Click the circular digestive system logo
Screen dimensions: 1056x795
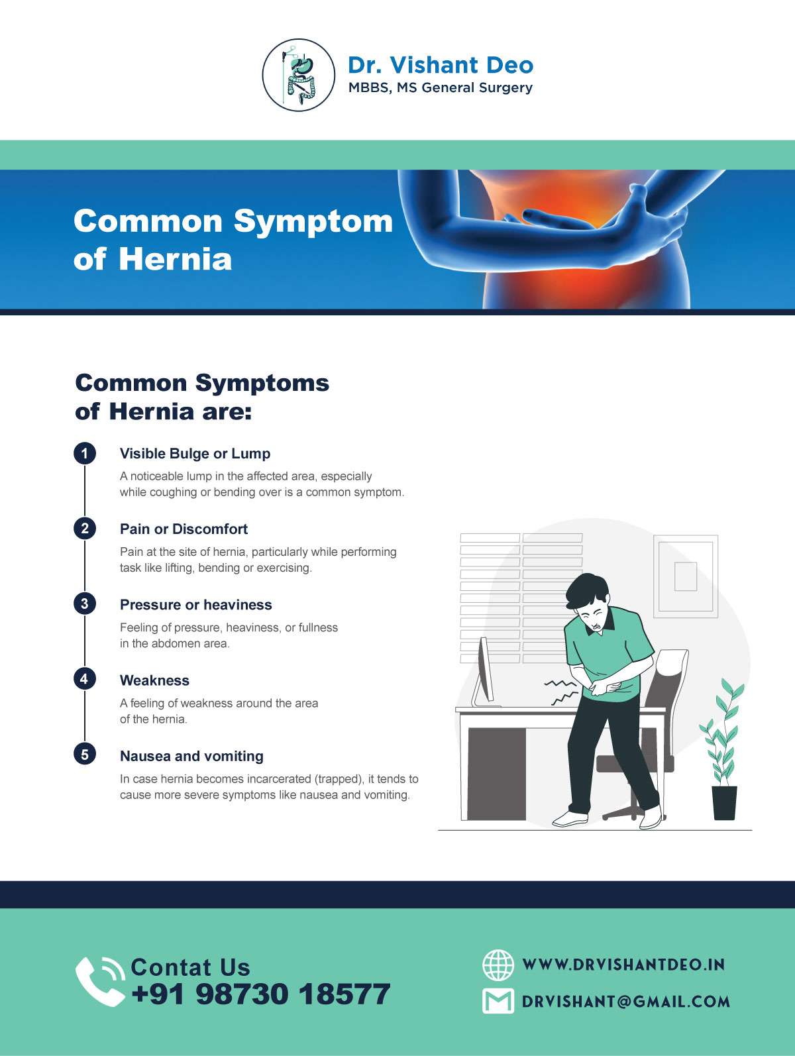[299, 75]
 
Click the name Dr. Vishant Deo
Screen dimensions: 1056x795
[440, 65]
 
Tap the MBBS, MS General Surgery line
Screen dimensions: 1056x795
[440, 87]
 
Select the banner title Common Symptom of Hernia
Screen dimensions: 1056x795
[233, 239]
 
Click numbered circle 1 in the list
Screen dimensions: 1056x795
[85, 454]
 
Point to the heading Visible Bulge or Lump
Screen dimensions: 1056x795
[195, 454]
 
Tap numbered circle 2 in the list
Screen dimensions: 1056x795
[85, 529]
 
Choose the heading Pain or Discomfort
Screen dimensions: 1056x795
[184, 529]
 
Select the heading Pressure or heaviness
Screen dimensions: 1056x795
[195, 605]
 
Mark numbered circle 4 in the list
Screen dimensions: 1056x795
[85, 679]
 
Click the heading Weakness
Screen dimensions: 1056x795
[154, 680]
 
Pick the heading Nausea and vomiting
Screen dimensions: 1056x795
[191, 756]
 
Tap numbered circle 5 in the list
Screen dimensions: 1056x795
[85, 755]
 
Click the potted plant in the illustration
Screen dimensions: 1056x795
[723, 755]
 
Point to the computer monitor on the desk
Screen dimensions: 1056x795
[484, 672]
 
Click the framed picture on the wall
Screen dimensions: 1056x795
[686, 576]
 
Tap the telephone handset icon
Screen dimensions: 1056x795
[99, 981]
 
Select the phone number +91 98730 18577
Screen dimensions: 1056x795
[261, 994]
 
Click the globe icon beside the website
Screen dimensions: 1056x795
[498, 965]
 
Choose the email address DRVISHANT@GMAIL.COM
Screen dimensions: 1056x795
[625, 1002]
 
